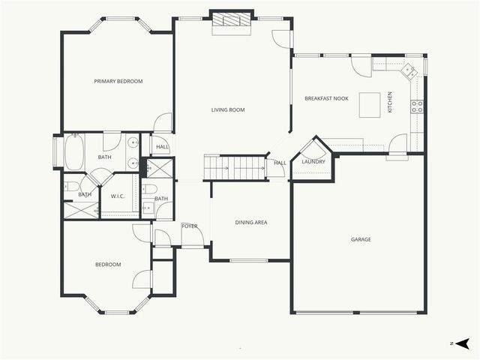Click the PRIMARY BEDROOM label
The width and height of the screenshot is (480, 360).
click(x=118, y=81)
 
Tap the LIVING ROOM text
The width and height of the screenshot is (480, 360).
click(x=228, y=110)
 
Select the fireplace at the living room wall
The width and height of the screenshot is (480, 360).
click(x=231, y=22)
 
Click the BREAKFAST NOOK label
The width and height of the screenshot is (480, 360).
click(x=326, y=98)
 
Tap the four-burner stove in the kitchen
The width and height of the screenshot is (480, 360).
click(x=416, y=106)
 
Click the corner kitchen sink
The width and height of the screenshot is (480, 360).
click(x=409, y=72)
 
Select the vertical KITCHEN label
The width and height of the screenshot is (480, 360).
click(x=389, y=103)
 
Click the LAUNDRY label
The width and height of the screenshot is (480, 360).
click(x=313, y=161)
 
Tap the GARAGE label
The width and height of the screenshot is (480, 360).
click(x=361, y=239)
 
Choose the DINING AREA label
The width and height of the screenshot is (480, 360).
click(x=251, y=222)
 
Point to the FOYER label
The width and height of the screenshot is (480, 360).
click(x=189, y=225)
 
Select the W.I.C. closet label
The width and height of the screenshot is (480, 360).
click(x=117, y=196)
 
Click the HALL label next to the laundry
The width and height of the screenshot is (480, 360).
click(x=280, y=163)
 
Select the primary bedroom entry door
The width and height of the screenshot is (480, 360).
click(x=163, y=124)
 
